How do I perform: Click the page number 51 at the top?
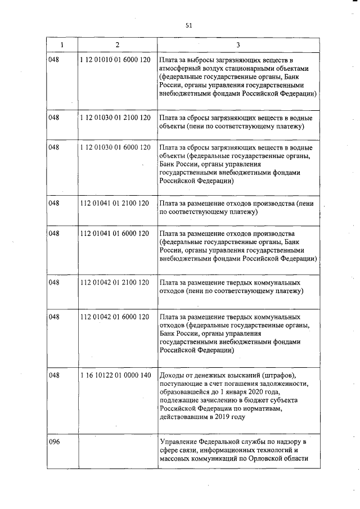coord(188,25)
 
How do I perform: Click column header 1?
coord(62,44)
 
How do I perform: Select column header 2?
coord(116,44)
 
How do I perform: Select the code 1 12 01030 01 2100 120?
coord(115,118)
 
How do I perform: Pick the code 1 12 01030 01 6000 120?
coord(115,147)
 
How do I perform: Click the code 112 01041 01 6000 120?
coord(115,233)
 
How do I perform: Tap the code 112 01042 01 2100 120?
coord(115,282)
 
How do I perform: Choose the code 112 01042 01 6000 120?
coord(115,317)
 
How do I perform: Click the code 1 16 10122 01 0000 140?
coord(115,375)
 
